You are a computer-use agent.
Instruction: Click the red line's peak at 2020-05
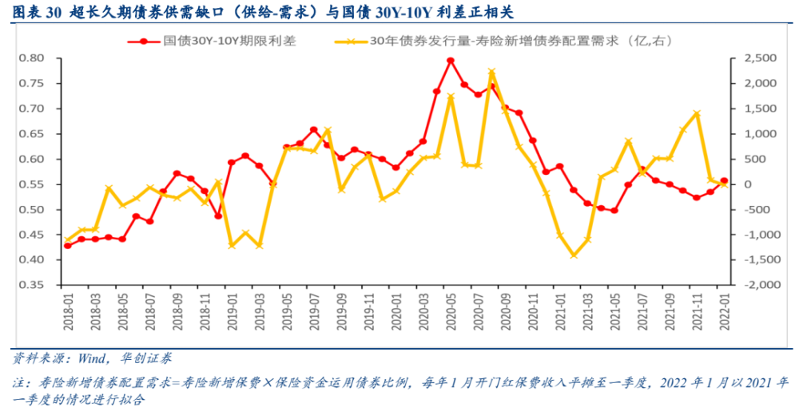tap(451, 60)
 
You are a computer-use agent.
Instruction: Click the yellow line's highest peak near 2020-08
tap(491, 72)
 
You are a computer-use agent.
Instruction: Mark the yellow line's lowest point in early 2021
tap(574, 255)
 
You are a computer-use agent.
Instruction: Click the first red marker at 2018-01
tap(67, 245)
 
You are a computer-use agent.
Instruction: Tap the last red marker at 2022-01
tap(724, 181)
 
